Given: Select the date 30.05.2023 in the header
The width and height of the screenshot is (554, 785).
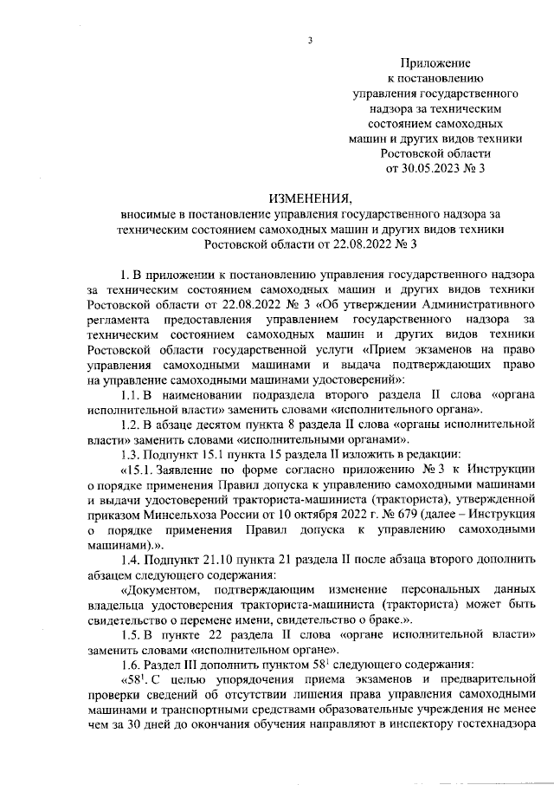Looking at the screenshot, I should pos(430,167).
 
